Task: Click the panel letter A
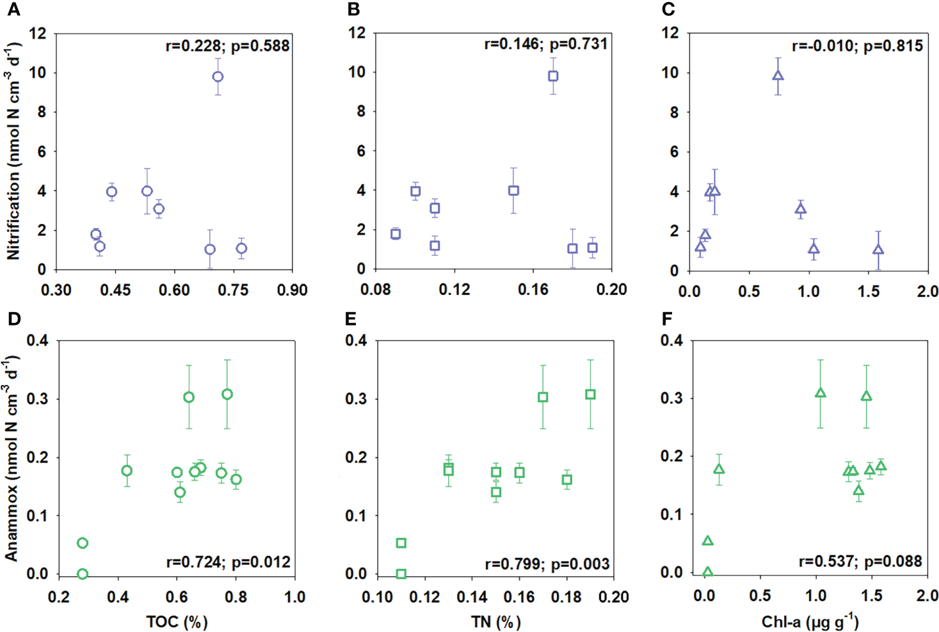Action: pos(13,9)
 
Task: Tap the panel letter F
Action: pos(668,319)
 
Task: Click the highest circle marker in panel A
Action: pos(218,77)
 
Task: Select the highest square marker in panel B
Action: pos(553,76)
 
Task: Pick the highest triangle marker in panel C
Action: pos(778,75)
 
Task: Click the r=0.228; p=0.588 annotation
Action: pos(227,46)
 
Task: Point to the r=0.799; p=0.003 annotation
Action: pos(547,564)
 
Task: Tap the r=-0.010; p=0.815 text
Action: pos(857,46)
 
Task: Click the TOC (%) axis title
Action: pos(177,621)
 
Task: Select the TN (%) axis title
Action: pos(495,621)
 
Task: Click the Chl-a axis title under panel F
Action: pos(810,621)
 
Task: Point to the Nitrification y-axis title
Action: pos(13,151)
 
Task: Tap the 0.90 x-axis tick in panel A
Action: pos(292,290)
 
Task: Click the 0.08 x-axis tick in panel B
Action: pos(376,290)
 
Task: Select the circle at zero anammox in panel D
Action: pos(82,574)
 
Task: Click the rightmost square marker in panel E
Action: pos(590,395)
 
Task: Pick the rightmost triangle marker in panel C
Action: pos(878,249)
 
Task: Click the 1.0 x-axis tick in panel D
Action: pos(294,597)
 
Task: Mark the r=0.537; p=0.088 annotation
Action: pos(860,562)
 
